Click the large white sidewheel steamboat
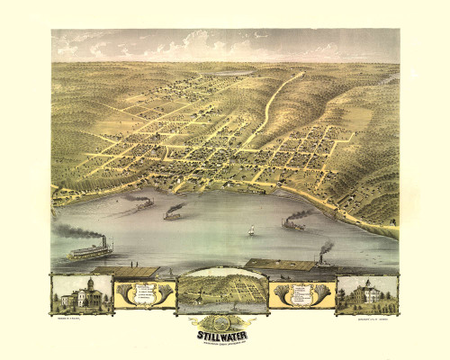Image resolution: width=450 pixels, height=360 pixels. tap(90, 250)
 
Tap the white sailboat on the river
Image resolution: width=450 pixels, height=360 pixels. tap(250, 230)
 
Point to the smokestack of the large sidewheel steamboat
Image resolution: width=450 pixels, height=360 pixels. tap(106, 241)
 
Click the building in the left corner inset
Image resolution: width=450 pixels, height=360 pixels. tap(81, 295)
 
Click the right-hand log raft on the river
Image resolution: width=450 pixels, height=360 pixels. tap(279, 265)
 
